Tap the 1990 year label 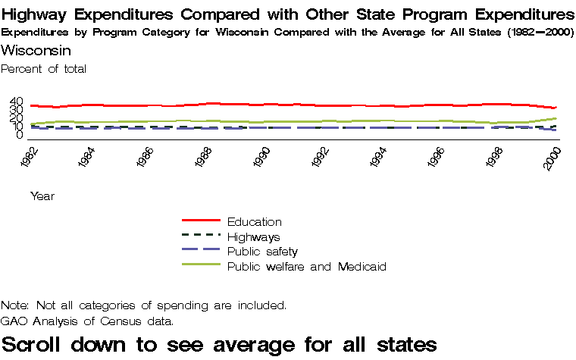pyautogui.click(x=261, y=158)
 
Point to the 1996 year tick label pyautogui.click(x=437, y=158)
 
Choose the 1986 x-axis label pyautogui.click(x=145, y=158)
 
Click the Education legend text pyautogui.click(x=254, y=222)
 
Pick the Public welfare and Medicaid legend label pyautogui.click(x=307, y=267)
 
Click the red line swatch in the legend pyautogui.click(x=201, y=221)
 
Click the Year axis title pyautogui.click(x=42, y=196)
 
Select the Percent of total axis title pyautogui.click(x=44, y=69)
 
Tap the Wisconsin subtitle pyautogui.click(x=36, y=51)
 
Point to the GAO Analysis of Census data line pyautogui.click(x=87, y=321)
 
